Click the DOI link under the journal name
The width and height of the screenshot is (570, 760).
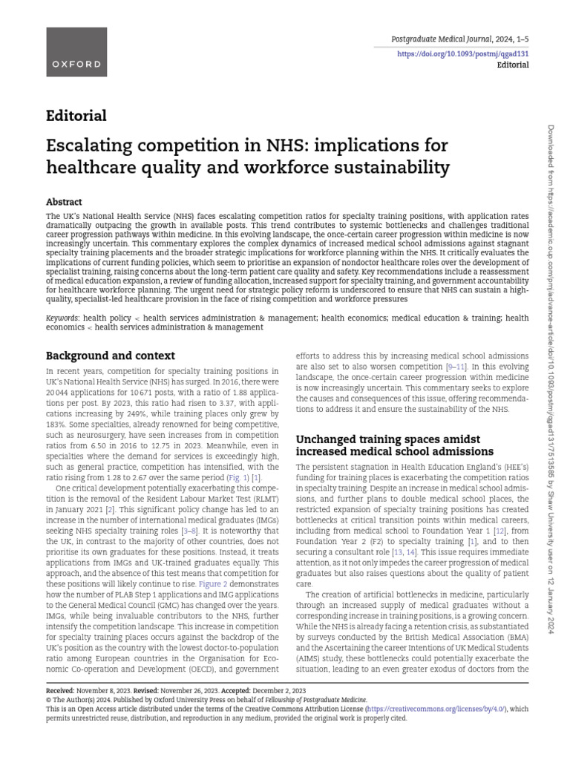coord(463,54)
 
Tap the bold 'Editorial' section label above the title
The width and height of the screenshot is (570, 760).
coord(76,116)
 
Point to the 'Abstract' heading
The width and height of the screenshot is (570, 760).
coord(64,202)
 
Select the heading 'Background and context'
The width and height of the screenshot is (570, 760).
coord(111,356)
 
